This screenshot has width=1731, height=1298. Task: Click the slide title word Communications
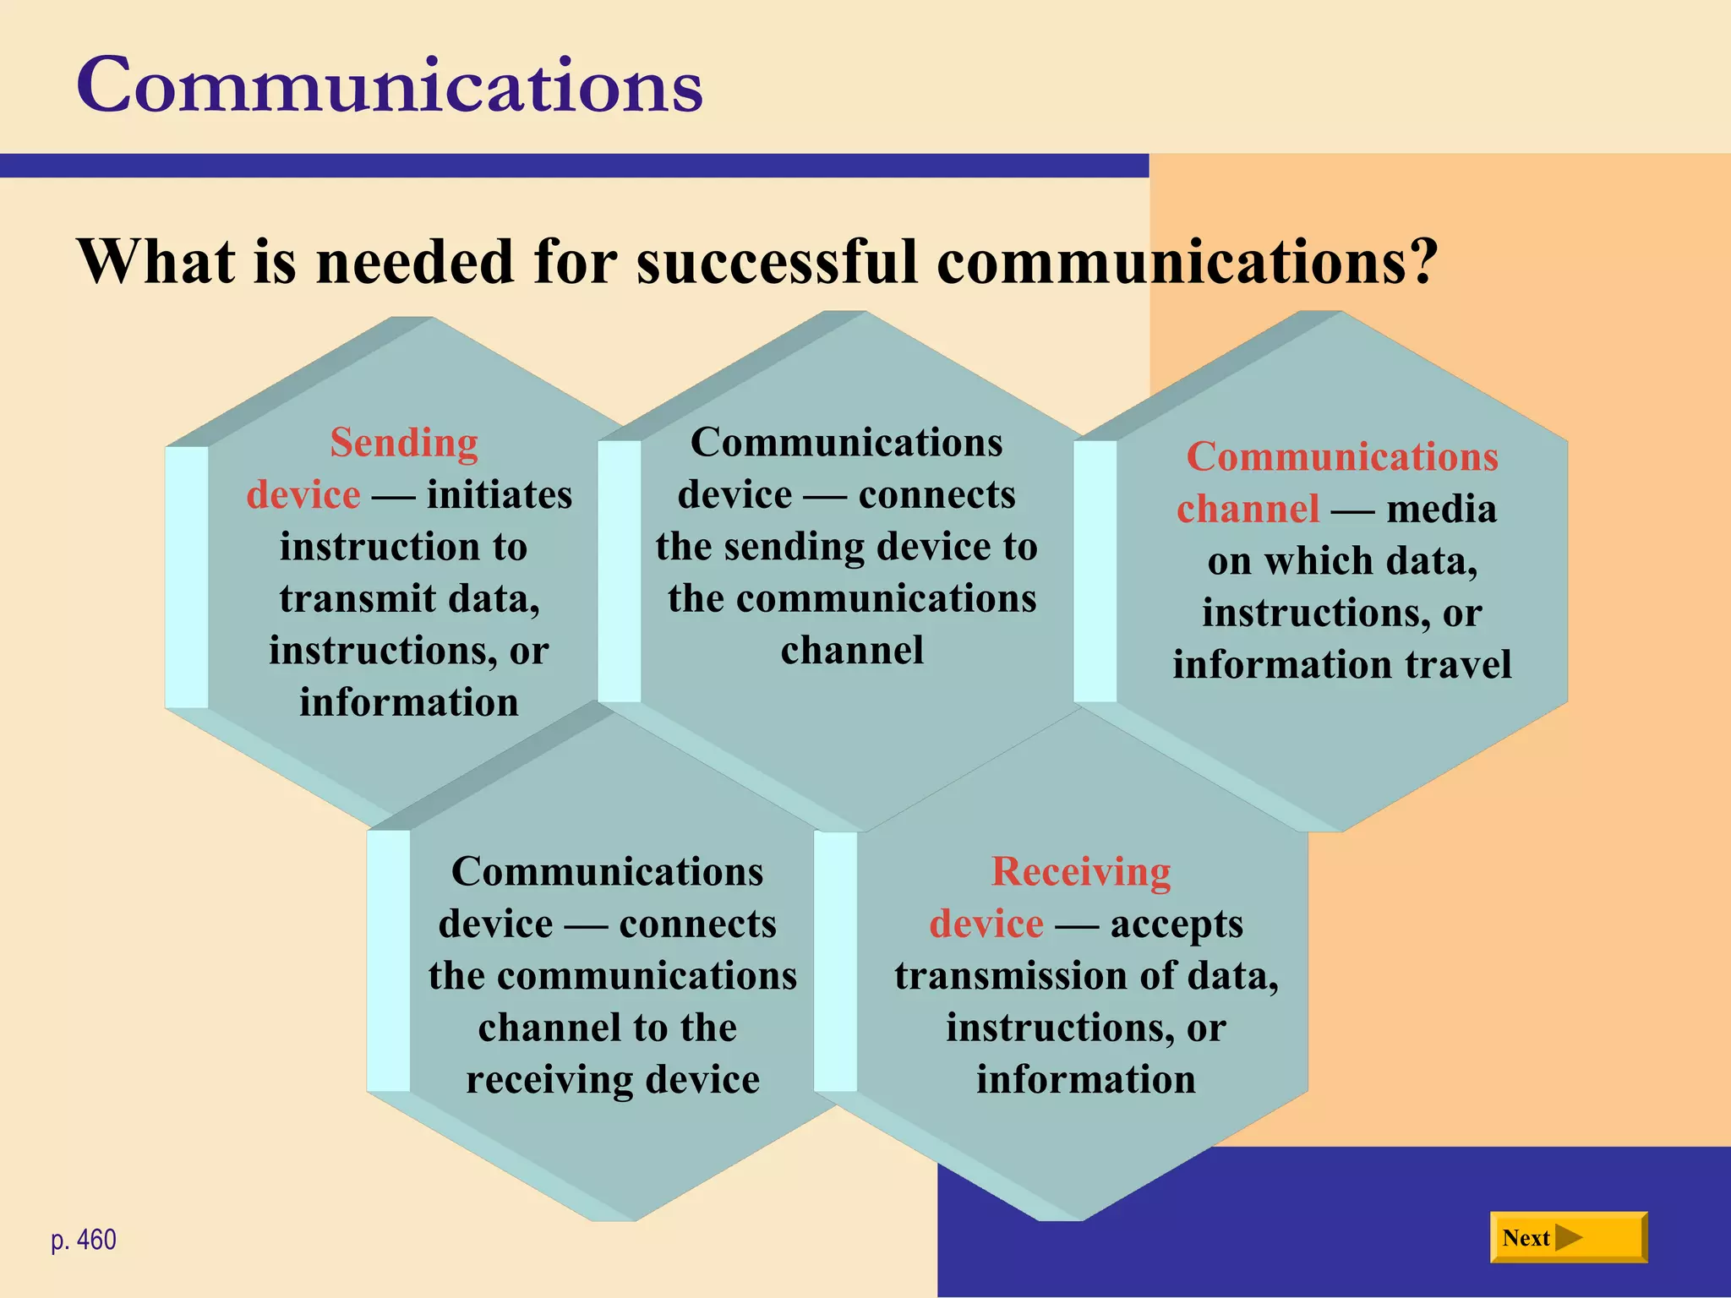(x=390, y=85)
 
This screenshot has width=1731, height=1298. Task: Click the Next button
(x=1568, y=1237)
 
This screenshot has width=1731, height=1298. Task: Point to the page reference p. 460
(x=84, y=1240)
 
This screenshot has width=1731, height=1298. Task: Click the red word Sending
(x=404, y=443)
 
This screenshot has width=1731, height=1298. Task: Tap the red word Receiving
(x=1081, y=872)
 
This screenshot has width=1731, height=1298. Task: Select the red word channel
(x=1248, y=509)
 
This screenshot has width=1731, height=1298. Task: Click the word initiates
(x=499, y=495)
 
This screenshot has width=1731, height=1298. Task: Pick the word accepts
(x=1177, y=924)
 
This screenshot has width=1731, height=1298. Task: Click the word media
(x=1441, y=509)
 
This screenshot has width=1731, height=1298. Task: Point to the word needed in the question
(x=415, y=262)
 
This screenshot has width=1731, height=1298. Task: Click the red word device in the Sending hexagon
(x=303, y=495)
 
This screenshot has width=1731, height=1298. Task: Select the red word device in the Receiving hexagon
(x=986, y=924)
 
